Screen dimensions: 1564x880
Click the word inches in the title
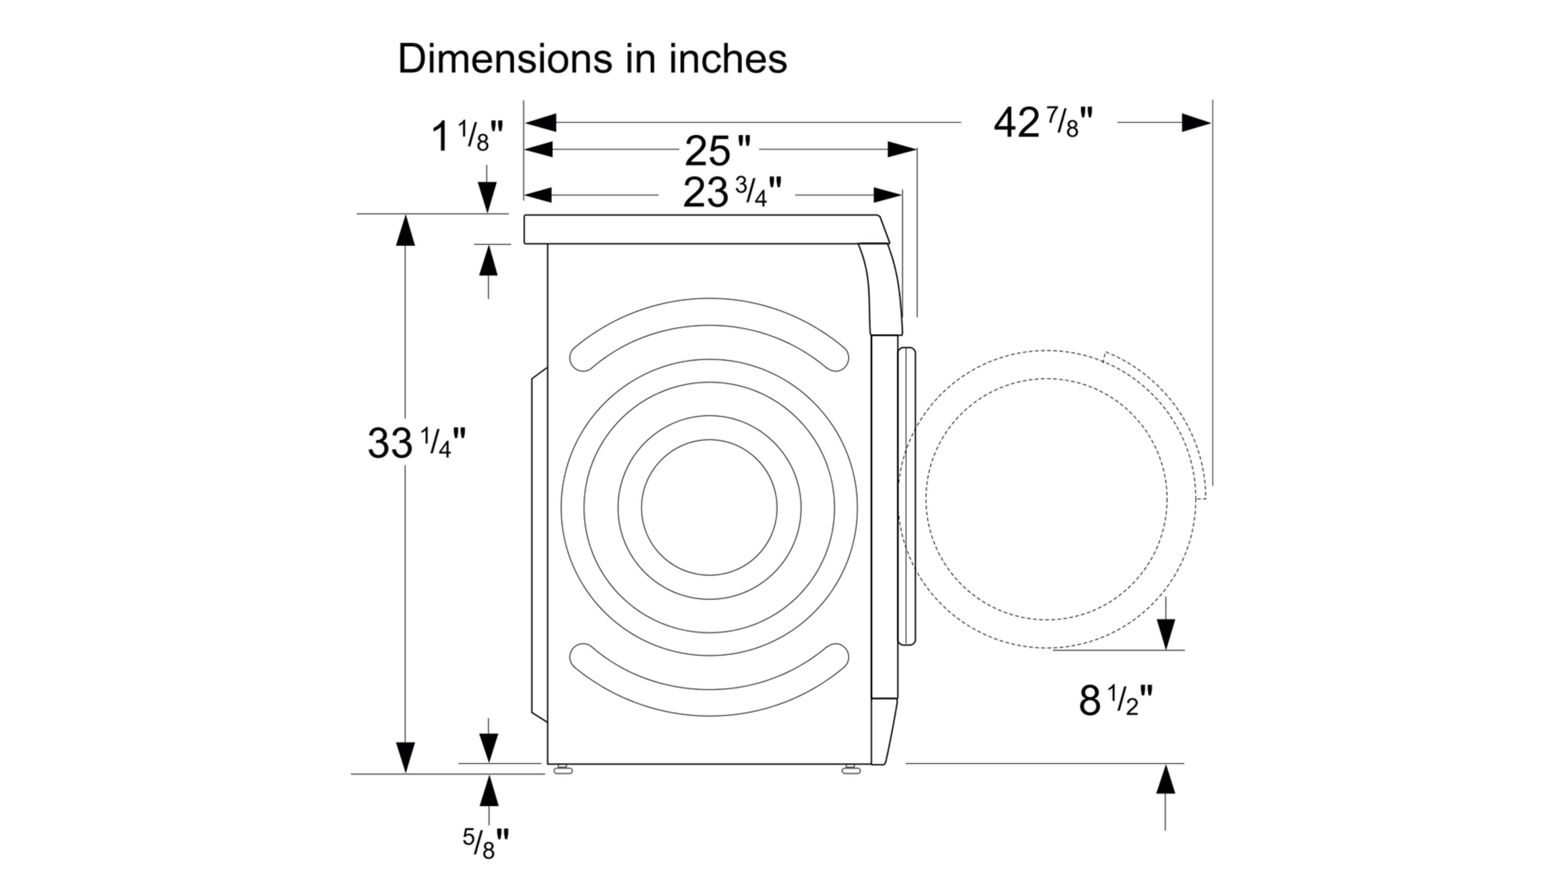tap(728, 59)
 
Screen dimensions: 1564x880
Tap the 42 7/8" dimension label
tap(1043, 123)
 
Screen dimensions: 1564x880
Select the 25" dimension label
tap(717, 150)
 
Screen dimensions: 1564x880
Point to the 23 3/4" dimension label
tap(732, 193)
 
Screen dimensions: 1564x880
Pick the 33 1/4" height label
tap(416, 443)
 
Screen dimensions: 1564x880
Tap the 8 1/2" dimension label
tap(1115, 700)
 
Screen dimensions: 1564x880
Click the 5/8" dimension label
tap(486, 843)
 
